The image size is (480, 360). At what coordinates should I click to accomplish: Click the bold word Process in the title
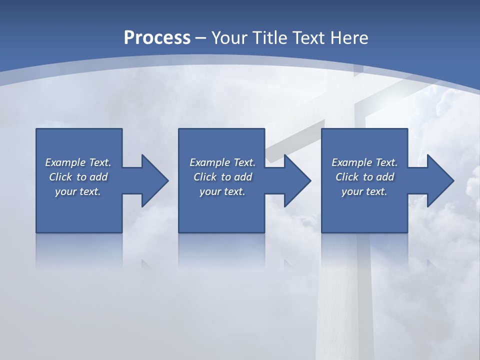[157, 38]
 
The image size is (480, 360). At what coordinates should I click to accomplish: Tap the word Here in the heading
[348, 38]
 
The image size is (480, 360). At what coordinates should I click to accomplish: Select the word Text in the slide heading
[309, 38]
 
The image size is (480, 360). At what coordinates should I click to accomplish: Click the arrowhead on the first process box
[154, 180]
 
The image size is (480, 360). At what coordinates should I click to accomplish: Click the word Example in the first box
[65, 162]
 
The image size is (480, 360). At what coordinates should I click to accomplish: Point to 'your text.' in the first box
[78, 191]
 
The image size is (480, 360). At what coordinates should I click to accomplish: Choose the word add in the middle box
[242, 177]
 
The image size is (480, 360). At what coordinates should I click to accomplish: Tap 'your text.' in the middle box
[222, 191]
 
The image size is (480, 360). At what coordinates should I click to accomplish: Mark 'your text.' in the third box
[364, 191]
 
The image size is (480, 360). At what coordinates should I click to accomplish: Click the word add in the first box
[98, 177]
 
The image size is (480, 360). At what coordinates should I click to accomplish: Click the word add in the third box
[384, 177]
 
